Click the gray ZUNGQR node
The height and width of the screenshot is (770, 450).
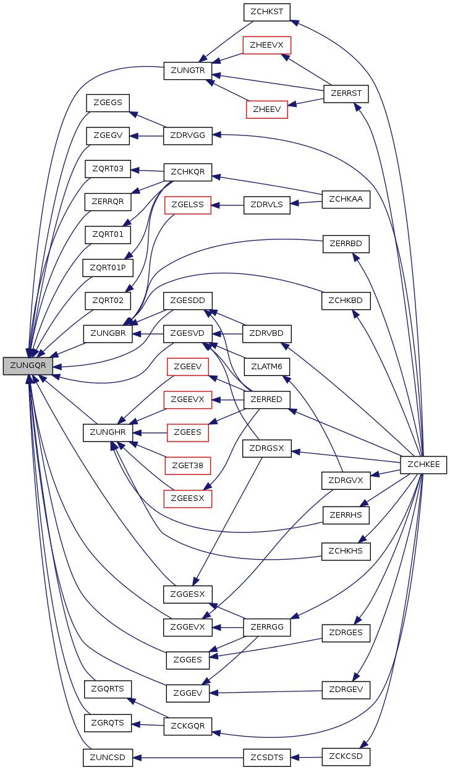pyautogui.click(x=28, y=366)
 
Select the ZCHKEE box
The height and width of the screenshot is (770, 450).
pyautogui.click(x=423, y=464)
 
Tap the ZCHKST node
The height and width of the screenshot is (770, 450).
pyautogui.click(x=267, y=12)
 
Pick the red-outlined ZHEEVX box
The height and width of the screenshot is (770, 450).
pyautogui.click(x=267, y=45)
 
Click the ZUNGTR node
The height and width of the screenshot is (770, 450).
pyautogui.click(x=187, y=71)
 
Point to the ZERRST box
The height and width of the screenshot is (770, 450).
pyautogui.click(x=346, y=93)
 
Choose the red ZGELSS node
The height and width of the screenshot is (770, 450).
pyautogui.click(x=187, y=205)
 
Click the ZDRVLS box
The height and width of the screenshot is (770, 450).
pyautogui.click(x=267, y=205)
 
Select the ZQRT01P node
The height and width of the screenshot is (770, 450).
pyautogui.click(x=108, y=268)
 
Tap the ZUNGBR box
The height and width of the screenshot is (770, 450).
pyautogui.click(x=108, y=333)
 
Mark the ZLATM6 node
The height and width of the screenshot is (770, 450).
pyautogui.click(x=267, y=367)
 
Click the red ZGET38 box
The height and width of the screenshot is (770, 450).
pyautogui.click(x=187, y=466)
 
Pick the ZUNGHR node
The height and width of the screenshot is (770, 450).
pyautogui.click(x=108, y=432)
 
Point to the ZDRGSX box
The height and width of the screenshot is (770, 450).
pyautogui.click(x=267, y=448)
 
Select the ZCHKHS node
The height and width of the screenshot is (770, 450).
pyautogui.click(x=346, y=552)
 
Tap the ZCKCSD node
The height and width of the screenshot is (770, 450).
pyautogui.click(x=346, y=756)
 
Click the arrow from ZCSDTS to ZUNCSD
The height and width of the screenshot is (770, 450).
pyautogui.click(x=189, y=758)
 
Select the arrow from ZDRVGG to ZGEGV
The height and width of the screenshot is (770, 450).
pyautogui.click(x=146, y=137)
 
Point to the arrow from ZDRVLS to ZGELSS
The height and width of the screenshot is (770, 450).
pyautogui.click(x=227, y=205)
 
